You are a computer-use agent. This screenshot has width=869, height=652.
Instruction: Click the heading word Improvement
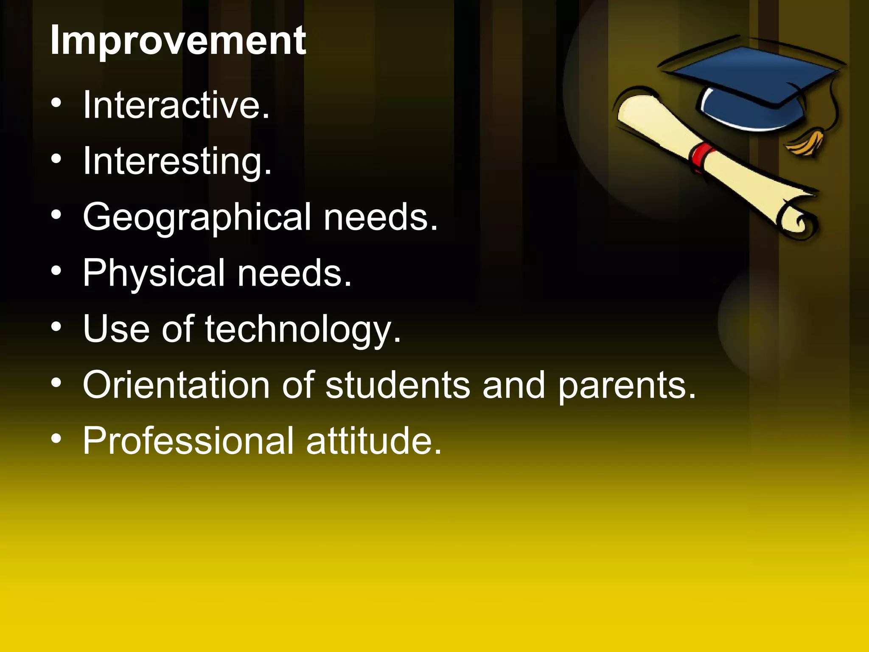(178, 41)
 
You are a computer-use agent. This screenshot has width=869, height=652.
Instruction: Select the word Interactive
(176, 105)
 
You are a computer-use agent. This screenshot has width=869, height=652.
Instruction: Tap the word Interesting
(177, 161)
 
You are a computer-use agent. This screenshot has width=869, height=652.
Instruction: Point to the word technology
(303, 329)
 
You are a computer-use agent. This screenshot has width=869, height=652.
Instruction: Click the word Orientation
(176, 385)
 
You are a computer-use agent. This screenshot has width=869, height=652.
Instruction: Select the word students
(398, 385)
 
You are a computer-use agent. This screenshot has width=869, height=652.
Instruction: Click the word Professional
(188, 441)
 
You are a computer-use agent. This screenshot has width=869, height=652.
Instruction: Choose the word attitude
(373, 441)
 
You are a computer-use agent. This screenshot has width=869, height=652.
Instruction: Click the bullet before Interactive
(56, 103)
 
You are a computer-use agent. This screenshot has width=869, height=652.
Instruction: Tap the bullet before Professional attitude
(56, 439)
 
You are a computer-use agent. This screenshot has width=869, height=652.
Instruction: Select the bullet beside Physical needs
(56, 271)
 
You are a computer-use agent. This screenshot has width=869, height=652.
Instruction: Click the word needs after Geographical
(380, 217)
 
